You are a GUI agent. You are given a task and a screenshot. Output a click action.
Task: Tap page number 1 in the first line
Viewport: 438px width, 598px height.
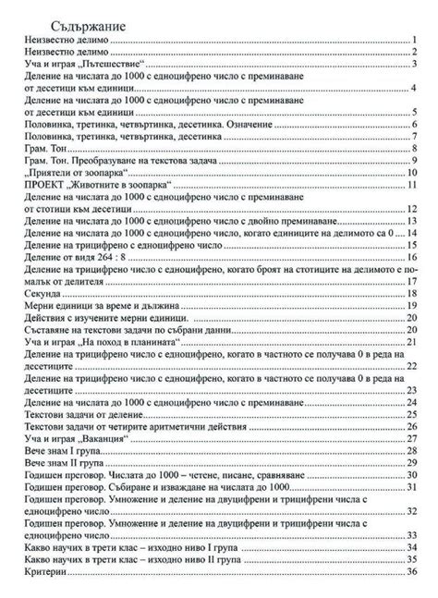[416, 42]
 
